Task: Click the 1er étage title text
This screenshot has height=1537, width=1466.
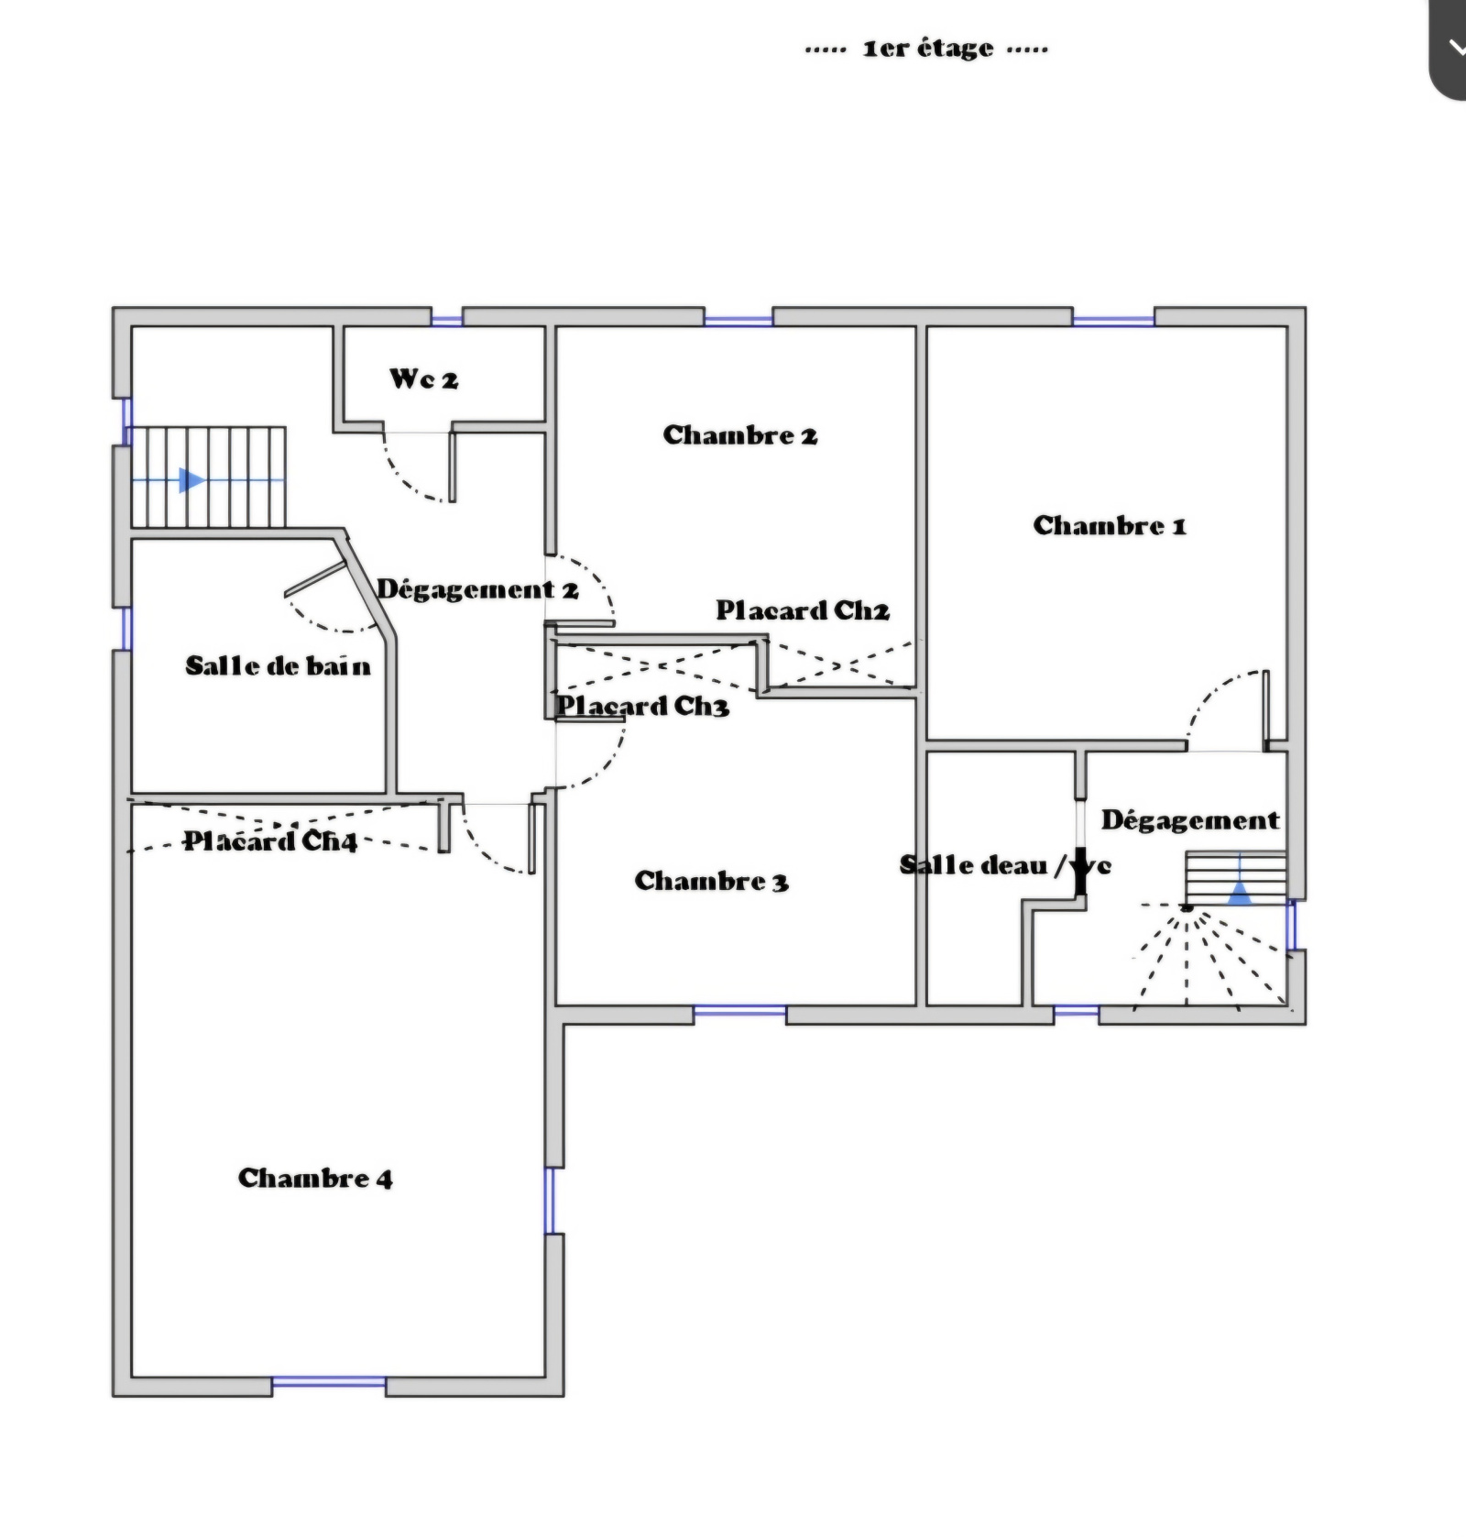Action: (x=927, y=48)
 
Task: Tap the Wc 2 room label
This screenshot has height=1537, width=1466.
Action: (x=423, y=379)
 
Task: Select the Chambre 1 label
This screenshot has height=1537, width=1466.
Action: (x=1110, y=525)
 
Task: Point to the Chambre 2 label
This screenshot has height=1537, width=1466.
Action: (x=739, y=434)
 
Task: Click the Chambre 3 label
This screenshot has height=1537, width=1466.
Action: (x=711, y=881)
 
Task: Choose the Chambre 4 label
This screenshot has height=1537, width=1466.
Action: (x=315, y=1178)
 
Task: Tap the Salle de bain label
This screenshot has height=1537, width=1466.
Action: (x=278, y=665)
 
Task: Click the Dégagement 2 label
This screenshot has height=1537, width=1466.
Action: (x=477, y=588)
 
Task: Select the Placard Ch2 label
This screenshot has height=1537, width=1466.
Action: (x=803, y=610)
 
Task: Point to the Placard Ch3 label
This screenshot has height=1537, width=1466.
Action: (x=643, y=706)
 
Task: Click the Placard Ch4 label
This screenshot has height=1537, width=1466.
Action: (x=270, y=840)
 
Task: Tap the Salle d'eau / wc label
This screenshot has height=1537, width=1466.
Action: (x=1005, y=865)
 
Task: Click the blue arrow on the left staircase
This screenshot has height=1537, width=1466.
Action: (x=191, y=479)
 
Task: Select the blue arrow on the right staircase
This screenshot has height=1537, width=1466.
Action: (x=1240, y=893)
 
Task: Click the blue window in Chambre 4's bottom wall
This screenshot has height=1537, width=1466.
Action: (x=329, y=1381)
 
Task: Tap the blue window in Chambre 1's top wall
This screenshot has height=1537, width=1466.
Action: (x=1113, y=321)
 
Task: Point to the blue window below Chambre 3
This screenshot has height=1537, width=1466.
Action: (x=739, y=1010)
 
